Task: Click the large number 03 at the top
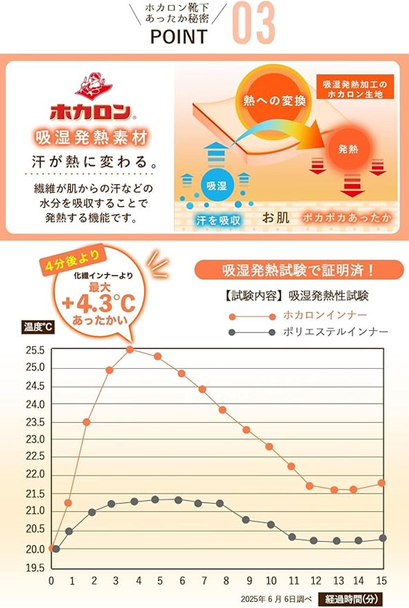pyautogui.click(x=253, y=23)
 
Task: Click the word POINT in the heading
pyautogui.click(x=179, y=37)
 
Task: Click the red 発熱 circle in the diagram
pyautogui.click(x=349, y=149)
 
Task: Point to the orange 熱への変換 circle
pyautogui.click(x=274, y=100)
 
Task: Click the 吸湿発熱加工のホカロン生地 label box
pyautogui.click(x=354, y=89)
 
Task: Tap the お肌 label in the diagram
pyautogui.click(x=276, y=218)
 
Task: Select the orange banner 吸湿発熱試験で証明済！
pyautogui.click(x=299, y=270)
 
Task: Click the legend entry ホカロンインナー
pyautogui.click(x=324, y=315)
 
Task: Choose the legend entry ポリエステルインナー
pyautogui.click(x=335, y=332)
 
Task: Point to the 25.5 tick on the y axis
pyautogui.click(x=35, y=350)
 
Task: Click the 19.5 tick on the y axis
pyautogui.click(x=35, y=568)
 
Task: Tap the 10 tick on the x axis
pyautogui.click(x=271, y=581)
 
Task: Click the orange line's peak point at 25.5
pyautogui.click(x=130, y=350)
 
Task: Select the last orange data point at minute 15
pyautogui.click(x=382, y=483)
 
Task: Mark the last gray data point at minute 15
pyautogui.click(x=383, y=538)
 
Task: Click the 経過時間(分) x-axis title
pyautogui.click(x=351, y=599)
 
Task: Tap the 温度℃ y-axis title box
pyautogui.click(x=38, y=327)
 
